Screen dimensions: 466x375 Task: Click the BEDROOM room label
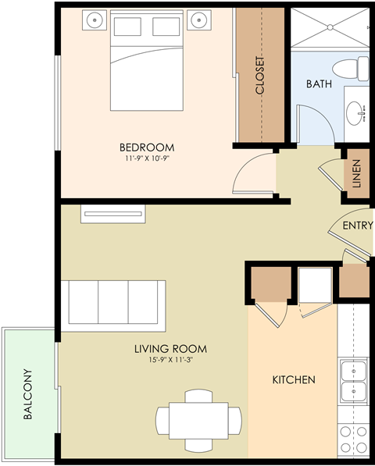point(146,147)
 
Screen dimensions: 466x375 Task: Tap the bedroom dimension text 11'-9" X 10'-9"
point(146,158)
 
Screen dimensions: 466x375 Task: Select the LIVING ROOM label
point(170,349)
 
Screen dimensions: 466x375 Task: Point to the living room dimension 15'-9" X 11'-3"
point(170,361)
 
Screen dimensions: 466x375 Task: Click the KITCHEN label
point(293,380)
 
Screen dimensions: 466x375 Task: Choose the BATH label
point(319,84)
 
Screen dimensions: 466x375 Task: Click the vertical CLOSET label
point(260,76)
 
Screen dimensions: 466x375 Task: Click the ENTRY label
point(357,226)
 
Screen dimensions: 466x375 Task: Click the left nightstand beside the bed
point(95,20)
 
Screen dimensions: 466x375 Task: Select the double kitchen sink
point(355,380)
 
